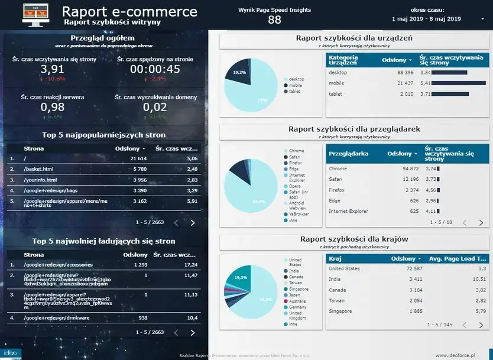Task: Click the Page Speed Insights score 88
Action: pos(274,20)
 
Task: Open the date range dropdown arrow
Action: pos(482,19)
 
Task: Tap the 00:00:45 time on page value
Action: pos(155,69)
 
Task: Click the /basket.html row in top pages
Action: pos(38,170)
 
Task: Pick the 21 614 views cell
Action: pos(138,159)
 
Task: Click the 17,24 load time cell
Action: pos(190,265)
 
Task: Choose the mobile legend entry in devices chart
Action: pos(296,85)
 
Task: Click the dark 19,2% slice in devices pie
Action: pos(238,73)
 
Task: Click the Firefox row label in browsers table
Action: pos(336,190)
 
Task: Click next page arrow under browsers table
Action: pos(481,223)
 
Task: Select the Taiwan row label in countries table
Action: pos(338,300)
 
